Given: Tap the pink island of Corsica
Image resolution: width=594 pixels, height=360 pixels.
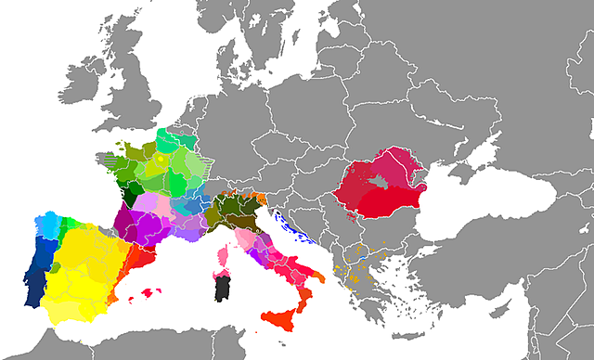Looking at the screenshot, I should click(223, 256).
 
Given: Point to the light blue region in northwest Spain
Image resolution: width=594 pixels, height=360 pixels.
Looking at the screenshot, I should click(46, 225).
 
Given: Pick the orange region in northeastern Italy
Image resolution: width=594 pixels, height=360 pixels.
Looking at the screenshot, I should click(262, 198).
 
